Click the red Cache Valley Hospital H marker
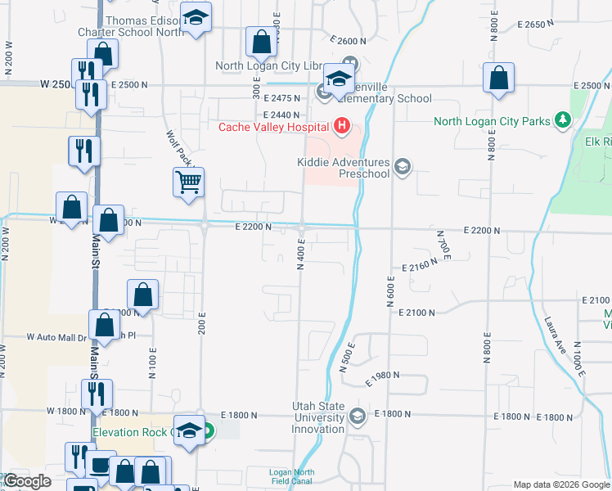click(x=342, y=126)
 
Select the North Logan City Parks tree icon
click(x=562, y=121)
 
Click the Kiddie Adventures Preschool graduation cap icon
click(x=402, y=167)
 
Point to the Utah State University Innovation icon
click(x=357, y=417)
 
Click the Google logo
click(x=27, y=481)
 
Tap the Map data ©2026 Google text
click(x=560, y=484)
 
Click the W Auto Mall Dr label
click(x=55, y=336)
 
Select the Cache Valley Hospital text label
click(x=273, y=127)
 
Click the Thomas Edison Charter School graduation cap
click(x=196, y=18)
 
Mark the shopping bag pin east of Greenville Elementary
click(x=498, y=79)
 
